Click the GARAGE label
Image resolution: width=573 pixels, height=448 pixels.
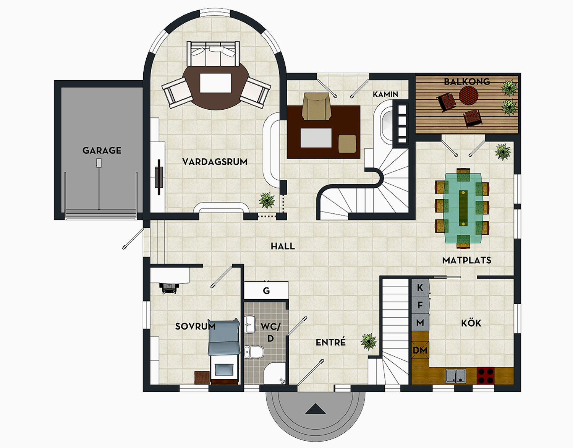(102, 150)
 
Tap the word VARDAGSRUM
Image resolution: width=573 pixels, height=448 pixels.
(215, 162)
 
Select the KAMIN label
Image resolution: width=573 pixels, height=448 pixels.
(385, 94)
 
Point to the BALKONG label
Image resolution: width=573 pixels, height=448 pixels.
(467, 81)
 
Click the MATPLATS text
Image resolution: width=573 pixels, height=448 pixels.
(467, 260)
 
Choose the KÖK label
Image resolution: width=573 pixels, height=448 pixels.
(471, 323)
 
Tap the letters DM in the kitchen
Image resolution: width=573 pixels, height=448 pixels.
(420, 350)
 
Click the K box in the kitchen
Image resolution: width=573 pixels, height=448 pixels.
(420, 287)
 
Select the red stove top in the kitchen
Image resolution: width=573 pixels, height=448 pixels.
(486, 375)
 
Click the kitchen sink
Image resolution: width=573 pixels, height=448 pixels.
(455, 375)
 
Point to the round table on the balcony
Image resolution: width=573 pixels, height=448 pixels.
(468, 95)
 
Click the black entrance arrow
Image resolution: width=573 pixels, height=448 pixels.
(316, 409)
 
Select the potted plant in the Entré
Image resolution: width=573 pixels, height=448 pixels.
(369, 341)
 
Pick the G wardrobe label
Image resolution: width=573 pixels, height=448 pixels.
(266, 291)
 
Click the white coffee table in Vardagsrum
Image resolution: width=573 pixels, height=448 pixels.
(215, 83)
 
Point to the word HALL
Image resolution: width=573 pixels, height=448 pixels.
(283, 246)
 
